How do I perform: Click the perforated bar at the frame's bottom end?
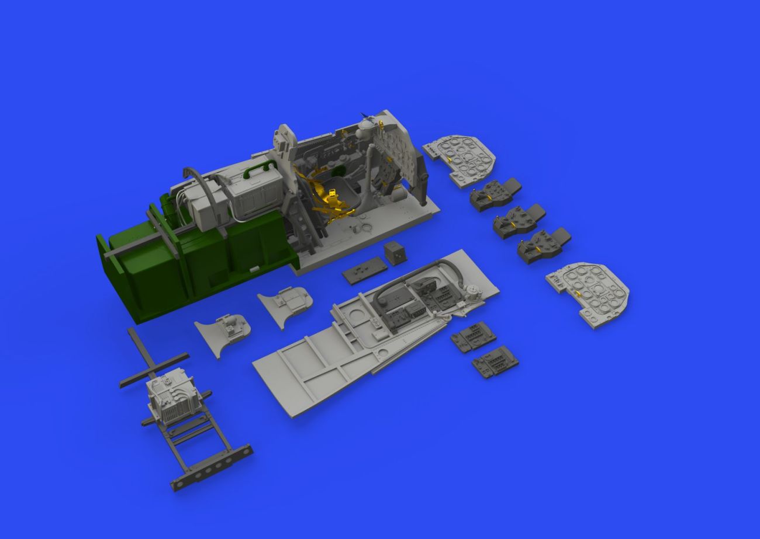212,467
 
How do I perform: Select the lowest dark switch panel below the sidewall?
495,363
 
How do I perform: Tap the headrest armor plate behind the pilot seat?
284,140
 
